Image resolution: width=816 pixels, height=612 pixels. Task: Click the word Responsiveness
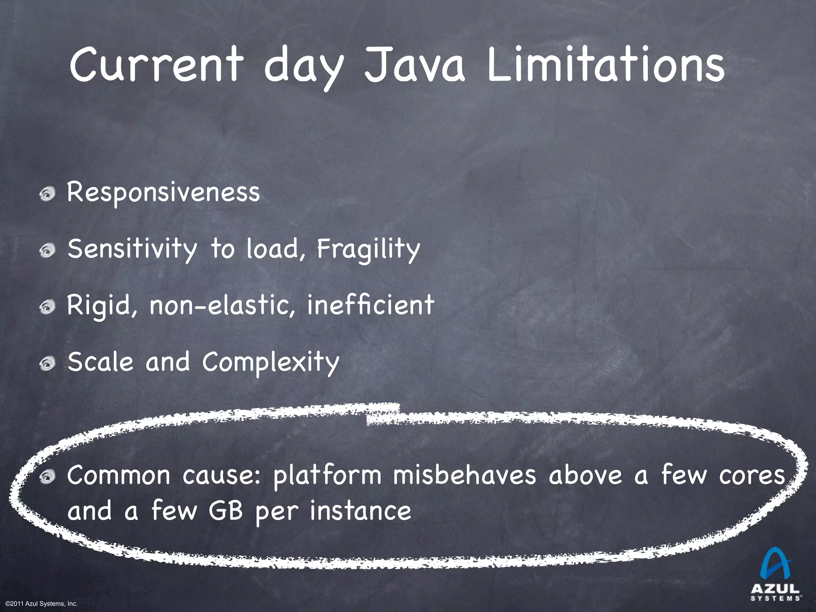[163, 192]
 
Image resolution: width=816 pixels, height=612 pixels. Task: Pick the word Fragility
[369, 249]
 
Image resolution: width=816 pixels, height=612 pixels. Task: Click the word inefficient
[371, 305]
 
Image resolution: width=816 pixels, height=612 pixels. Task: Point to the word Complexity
[271, 362]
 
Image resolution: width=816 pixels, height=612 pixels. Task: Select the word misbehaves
[465, 475]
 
